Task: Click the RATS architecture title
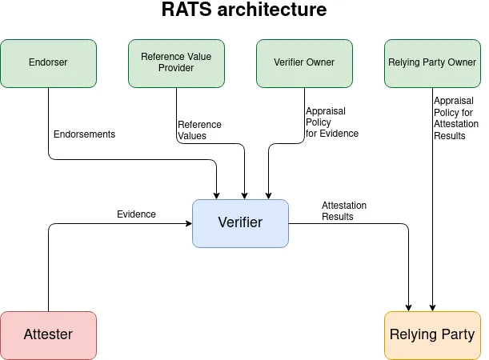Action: point(244,11)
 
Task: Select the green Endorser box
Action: point(48,63)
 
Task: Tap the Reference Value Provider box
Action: point(176,63)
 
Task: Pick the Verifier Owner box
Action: point(304,63)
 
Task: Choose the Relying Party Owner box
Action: point(432,63)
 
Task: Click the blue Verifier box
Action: point(240,223)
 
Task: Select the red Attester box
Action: point(48,335)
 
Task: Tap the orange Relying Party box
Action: point(432,335)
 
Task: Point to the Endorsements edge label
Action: point(84,134)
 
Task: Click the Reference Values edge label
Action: point(199,130)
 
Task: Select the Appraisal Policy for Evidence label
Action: point(331,122)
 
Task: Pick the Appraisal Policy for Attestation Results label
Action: point(455,118)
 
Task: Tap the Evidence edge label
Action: point(136,214)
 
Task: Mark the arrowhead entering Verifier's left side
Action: point(188,224)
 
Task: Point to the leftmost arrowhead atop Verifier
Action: point(217,195)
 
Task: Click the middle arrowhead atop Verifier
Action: point(244,195)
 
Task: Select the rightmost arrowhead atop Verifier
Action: point(267,195)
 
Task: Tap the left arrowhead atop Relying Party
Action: point(409,307)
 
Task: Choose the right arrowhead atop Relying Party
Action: point(433,307)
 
